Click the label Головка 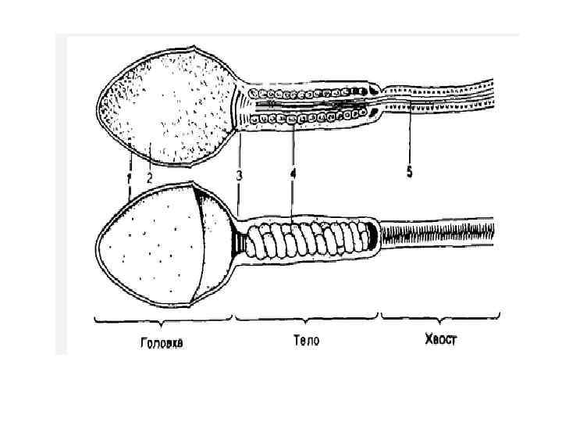[x=162, y=342]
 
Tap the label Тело [x=307, y=341]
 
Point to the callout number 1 [x=129, y=178]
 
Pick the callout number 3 [x=240, y=177]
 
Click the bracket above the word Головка [x=163, y=318]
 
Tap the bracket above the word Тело [x=307, y=318]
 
